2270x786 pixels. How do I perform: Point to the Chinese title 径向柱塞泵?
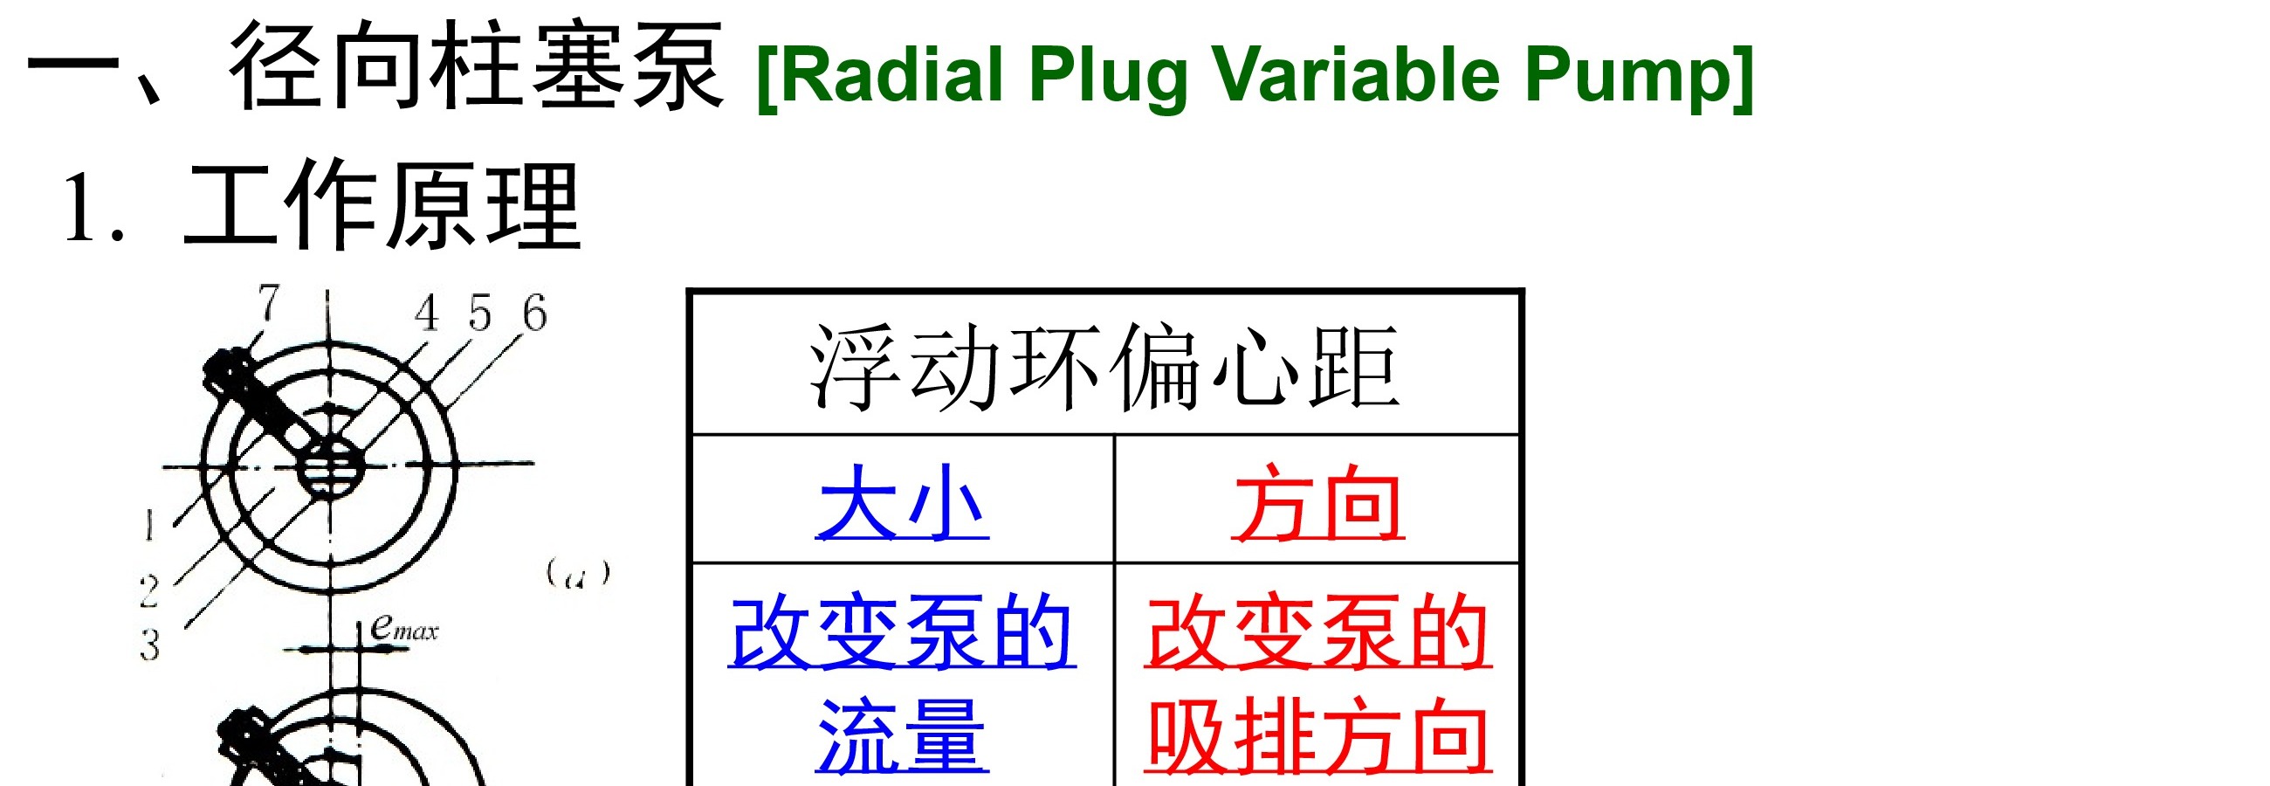pyautogui.click(x=477, y=66)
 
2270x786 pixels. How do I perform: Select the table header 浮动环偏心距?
pyautogui.click(x=1104, y=367)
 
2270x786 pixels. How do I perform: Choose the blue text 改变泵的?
pyautogui.click(x=902, y=631)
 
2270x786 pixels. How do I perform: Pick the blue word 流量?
pyautogui.click(x=903, y=736)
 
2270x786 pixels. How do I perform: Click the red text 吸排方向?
pyautogui.click(x=1318, y=736)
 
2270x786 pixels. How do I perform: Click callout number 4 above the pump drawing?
pyautogui.click(x=427, y=313)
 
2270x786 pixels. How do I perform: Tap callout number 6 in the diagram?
pyautogui.click(x=534, y=313)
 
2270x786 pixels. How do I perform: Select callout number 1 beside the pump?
pyautogui.click(x=149, y=525)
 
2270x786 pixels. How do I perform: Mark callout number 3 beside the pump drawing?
pyautogui.click(x=150, y=645)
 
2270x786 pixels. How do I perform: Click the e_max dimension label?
pyautogui.click(x=403, y=627)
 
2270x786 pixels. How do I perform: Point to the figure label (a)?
pyautogui.click(x=578, y=574)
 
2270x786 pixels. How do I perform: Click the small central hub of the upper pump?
pyautogui.click(x=329, y=467)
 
